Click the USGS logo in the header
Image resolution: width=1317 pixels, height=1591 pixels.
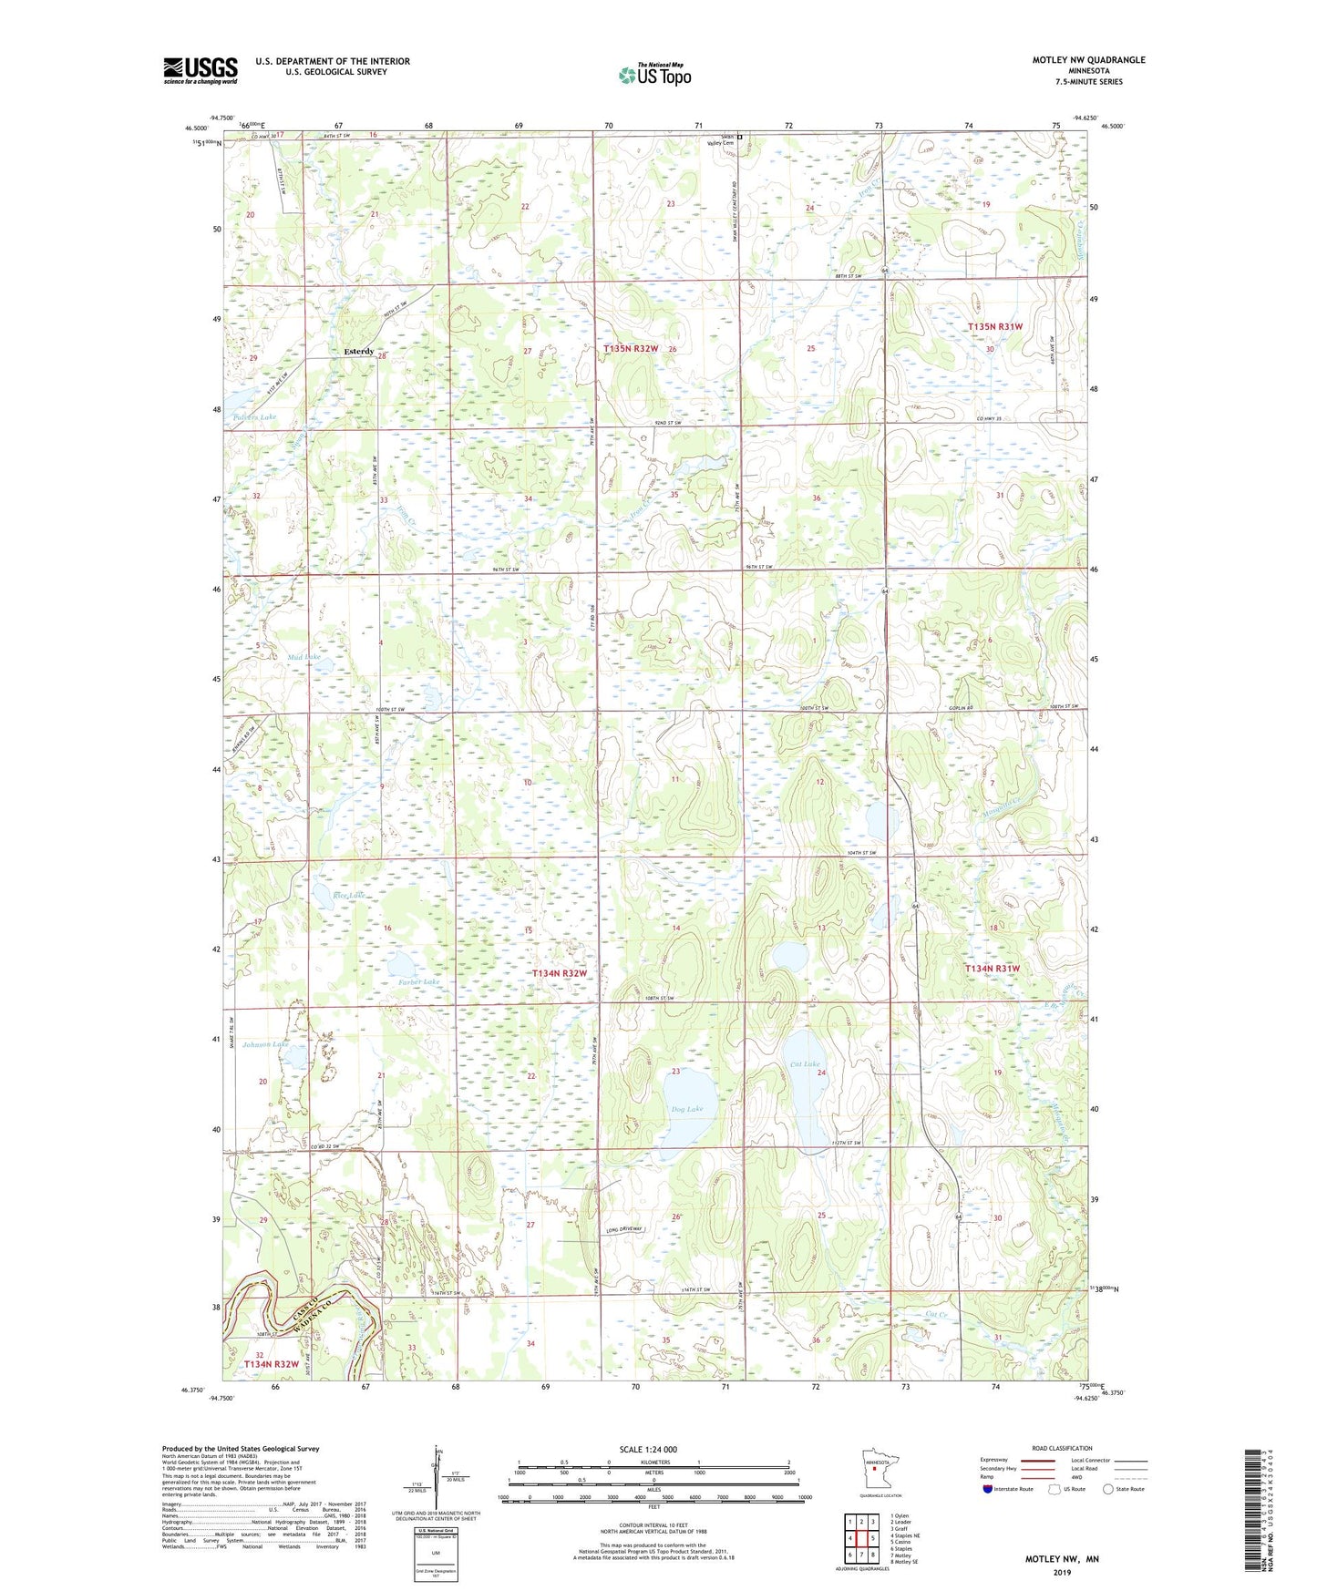[x=200, y=70]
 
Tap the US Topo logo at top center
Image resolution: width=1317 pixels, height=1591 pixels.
[x=653, y=75]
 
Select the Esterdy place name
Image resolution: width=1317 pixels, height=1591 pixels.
[x=358, y=352]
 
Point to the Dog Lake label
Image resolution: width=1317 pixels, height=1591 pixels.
[x=687, y=1109]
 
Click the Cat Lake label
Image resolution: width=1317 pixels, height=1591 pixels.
[x=805, y=1064]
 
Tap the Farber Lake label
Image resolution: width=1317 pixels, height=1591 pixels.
[x=419, y=981]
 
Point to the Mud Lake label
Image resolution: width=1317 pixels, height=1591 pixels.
[x=304, y=656]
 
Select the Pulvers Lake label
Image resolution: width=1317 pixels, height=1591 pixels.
[x=254, y=417]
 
